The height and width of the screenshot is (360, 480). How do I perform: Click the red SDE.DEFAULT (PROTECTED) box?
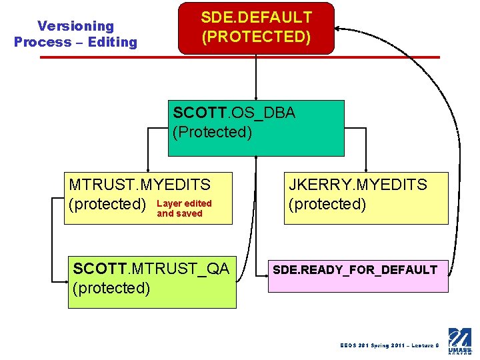tap(255, 27)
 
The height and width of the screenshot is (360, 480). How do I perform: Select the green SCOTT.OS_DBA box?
tap(256, 127)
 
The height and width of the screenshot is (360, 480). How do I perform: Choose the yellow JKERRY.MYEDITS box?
tap(366, 198)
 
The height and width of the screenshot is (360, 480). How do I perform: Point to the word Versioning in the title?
tap(75, 26)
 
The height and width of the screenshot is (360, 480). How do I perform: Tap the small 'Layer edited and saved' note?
tap(184, 209)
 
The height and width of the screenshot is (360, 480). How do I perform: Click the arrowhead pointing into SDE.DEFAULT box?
tap(337, 29)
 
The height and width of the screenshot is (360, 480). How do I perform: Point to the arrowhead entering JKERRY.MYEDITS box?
tap(365, 169)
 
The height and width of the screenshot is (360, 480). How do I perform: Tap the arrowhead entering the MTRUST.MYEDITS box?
tap(147, 169)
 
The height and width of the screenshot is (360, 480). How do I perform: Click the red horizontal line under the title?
tap(240, 57)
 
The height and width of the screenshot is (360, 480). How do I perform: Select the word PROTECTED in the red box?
tap(256, 36)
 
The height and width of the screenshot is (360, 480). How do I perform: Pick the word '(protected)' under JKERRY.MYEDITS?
tap(327, 204)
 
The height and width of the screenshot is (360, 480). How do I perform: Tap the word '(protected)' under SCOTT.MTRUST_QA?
tap(111, 288)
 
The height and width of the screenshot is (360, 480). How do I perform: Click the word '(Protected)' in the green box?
tap(212, 132)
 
